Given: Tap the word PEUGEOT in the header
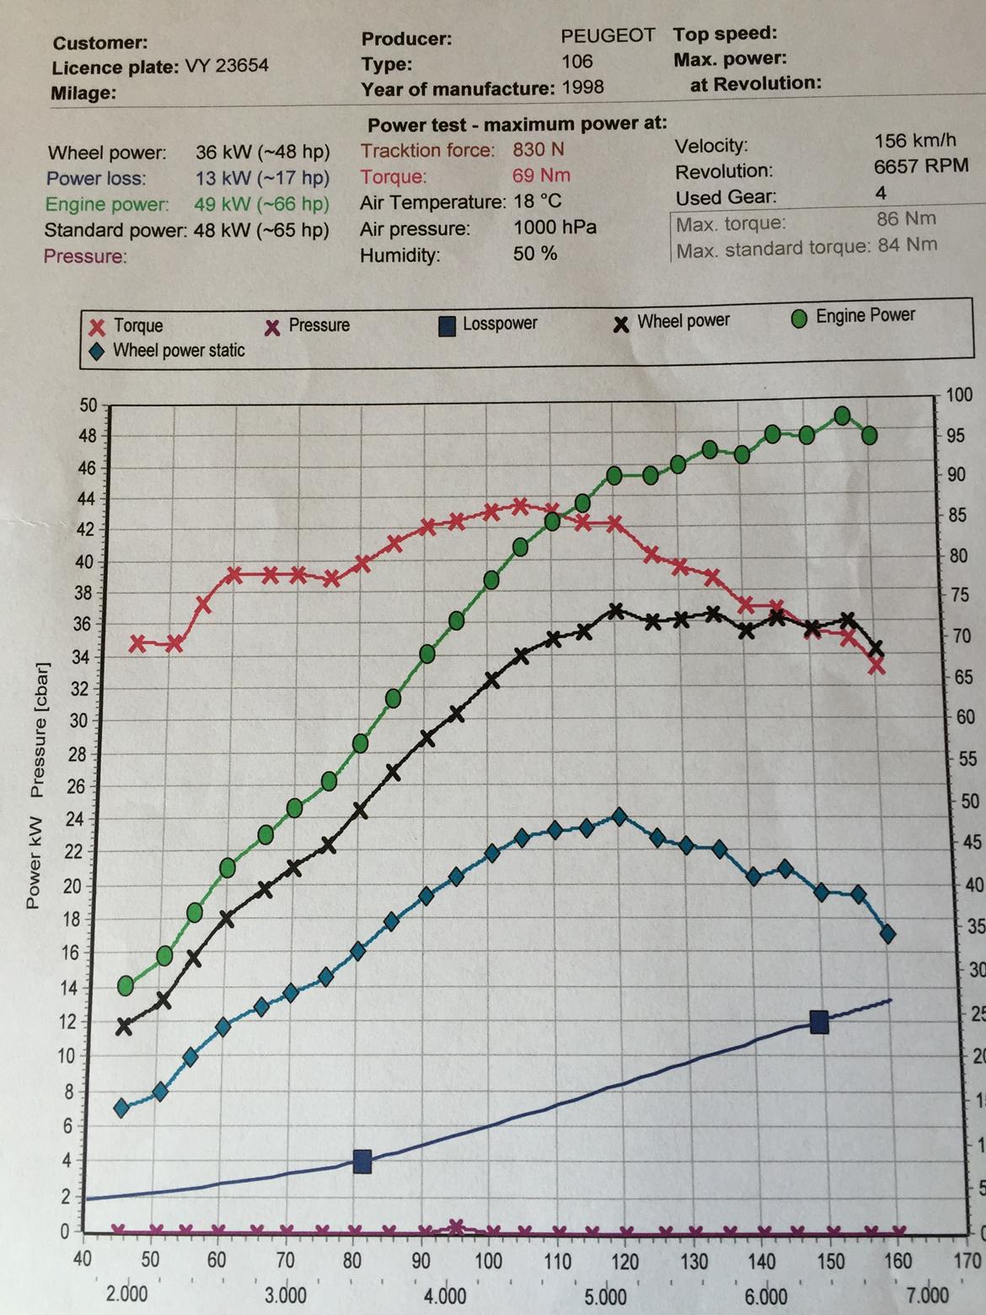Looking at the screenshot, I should tap(608, 35).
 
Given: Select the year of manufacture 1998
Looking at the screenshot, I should tap(582, 87).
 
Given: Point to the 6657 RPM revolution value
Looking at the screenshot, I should tap(920, 166).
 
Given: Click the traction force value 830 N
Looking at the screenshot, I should tap(539, 150).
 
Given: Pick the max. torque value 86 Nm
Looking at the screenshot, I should tap(906, 218).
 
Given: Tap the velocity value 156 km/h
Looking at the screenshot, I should tap(915, 140).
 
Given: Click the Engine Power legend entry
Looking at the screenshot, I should tap(854, 316).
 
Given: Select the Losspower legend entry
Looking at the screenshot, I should tap(489, 324).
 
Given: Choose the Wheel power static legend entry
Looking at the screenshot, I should tap(168, 351).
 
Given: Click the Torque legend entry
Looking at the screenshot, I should tap(127, 326).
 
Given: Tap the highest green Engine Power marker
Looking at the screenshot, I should tap(841, 416).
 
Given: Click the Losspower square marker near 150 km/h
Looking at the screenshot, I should tap(819, 1022).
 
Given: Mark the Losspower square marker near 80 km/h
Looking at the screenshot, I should tap(362, 1162).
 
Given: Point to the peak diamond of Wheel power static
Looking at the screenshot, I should tap(619, 817).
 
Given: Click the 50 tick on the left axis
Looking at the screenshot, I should tap(88, 405).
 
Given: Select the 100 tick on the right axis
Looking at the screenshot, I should tap(959, 395).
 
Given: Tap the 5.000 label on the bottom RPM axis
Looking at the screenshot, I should tap(605, 1296).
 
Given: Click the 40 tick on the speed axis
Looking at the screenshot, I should tap(83, 1260).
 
